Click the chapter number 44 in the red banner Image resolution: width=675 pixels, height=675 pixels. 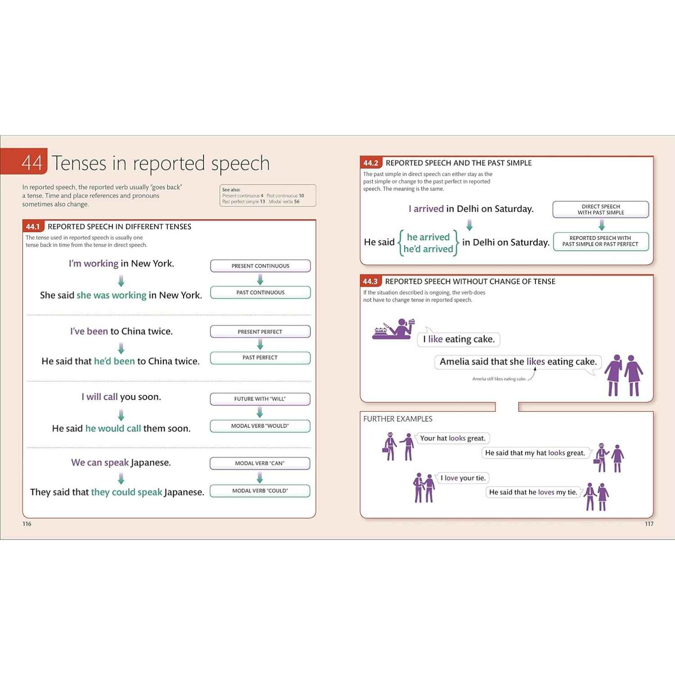[32, 163]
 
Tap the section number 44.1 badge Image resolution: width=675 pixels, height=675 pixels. [33, 227]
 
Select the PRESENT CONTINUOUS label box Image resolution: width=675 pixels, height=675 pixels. [261, 266]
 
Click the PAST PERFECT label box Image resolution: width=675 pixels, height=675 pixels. [260, 358]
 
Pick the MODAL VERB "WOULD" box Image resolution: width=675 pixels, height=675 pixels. [260, 426]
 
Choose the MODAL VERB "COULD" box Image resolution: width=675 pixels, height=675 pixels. [260, 491]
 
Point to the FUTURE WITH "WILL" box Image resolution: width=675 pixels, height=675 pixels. [260, 399]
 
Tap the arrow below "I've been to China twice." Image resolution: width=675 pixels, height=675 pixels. [121, 348]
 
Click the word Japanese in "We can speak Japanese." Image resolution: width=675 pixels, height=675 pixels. [150, 463]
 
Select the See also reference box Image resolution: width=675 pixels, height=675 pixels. [268, 196]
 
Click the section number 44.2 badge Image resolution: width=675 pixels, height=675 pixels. [371, 163]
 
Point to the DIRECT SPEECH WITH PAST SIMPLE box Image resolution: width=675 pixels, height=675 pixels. [601, 210]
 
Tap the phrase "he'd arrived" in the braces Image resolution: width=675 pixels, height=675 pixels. [428, 249]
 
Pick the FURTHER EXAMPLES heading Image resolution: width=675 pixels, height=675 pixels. [398, 419]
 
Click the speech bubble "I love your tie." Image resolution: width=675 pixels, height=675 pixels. [463, 478]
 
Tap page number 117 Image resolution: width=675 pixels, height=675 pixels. [649, 524]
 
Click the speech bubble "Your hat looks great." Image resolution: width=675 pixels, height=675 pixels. [453, 438]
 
